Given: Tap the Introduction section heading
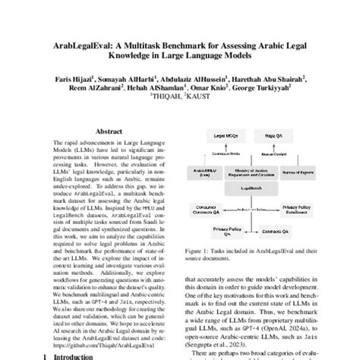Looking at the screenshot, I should click(x=76, y=354).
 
